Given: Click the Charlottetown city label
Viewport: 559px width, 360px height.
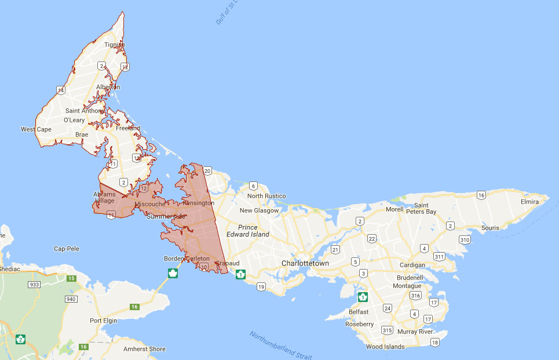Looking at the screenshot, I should (x=305, y=263).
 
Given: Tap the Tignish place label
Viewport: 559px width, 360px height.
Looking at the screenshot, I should (x=114, y=45).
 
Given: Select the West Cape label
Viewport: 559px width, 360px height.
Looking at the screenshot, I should (x=36, y=129).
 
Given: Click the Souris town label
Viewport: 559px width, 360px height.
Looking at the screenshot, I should (x=489, y=228).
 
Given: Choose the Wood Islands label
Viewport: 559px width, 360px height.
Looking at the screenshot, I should (x=385, y=347).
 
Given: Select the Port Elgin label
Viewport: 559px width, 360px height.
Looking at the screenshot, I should (x=104, y=321).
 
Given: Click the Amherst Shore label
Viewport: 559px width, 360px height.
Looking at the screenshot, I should (x=144, y=349).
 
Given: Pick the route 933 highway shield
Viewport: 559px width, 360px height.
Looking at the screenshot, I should (x=35, y=285).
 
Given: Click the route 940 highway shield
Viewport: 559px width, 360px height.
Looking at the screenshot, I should (x=71, y=299).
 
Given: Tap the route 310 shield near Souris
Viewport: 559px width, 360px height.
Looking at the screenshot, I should (x=464, y=239).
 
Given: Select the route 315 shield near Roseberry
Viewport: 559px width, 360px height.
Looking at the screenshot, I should (x=387, y=330).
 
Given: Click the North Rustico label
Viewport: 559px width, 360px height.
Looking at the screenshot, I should (x=266, y=196).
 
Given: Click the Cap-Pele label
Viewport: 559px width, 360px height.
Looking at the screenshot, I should (x=67, y=249).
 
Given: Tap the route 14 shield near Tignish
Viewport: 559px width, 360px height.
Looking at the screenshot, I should (x=60, y=90).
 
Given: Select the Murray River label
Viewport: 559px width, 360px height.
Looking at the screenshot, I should (x=415, y=332).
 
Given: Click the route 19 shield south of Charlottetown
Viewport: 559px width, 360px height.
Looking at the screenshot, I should (x=261, y=286).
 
